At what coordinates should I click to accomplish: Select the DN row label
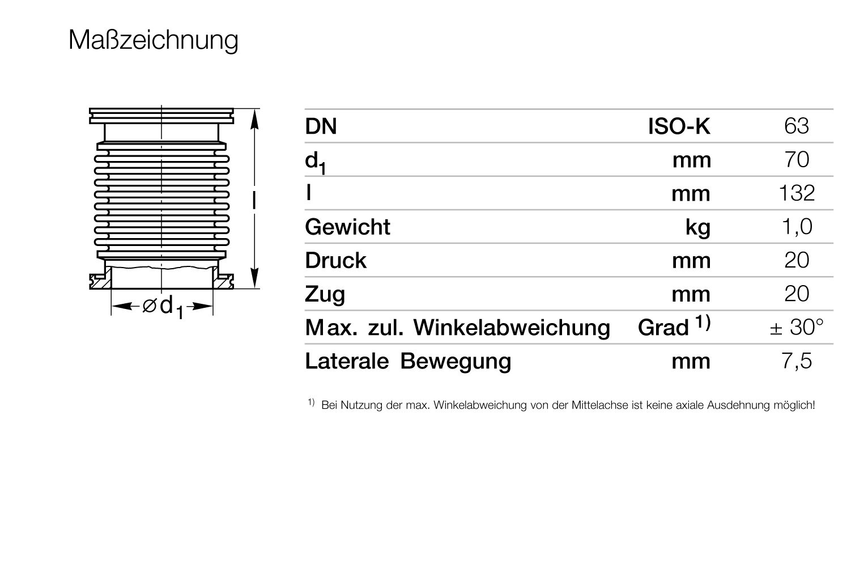[x=321, y=126]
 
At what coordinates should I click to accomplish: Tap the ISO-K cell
[x=679, y=126]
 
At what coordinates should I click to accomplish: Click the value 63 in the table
[x=797, y=126]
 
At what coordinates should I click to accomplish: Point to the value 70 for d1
[x=797, y=159]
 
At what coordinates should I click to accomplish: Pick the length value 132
[x=797, y=193]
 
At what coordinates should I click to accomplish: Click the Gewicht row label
[x=348, y=227]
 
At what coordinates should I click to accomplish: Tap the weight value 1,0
[x=797, y=227]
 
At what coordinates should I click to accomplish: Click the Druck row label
[x=336, y=260]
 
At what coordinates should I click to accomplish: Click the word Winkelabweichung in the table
[x=512, y=327]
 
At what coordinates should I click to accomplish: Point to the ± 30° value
[x=797, y=327]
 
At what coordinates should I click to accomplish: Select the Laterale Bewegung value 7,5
[x=797, y=361]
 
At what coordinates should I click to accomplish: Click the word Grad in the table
[x=663, y=327]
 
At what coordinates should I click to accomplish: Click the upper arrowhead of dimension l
[x=254, y=120]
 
